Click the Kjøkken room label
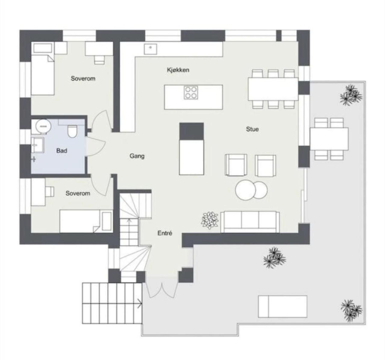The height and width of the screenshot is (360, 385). (178, 70)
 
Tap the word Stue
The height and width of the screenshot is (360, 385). (252, 129)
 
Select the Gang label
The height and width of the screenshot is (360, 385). (137, 156)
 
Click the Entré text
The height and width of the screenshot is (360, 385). (165, 233)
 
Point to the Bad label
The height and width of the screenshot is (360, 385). (62, 151)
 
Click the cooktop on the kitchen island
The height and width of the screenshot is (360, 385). (191, 93)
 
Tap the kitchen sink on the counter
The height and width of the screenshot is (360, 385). (150, 49)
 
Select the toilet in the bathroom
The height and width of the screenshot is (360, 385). (72, 131)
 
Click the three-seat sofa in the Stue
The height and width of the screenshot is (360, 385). (250, 222)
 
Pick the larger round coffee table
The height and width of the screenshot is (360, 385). (245, 190)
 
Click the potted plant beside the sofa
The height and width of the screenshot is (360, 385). (210, 221)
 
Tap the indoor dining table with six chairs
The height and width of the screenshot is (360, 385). (273, 89)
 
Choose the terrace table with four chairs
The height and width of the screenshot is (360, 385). (329, 139)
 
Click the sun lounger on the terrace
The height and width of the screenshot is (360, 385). (283, 307)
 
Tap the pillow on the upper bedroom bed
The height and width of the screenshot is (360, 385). (43, 48)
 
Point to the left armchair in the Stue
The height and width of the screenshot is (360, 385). (236, 165)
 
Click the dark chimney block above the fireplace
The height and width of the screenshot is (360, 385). (191, 131)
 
